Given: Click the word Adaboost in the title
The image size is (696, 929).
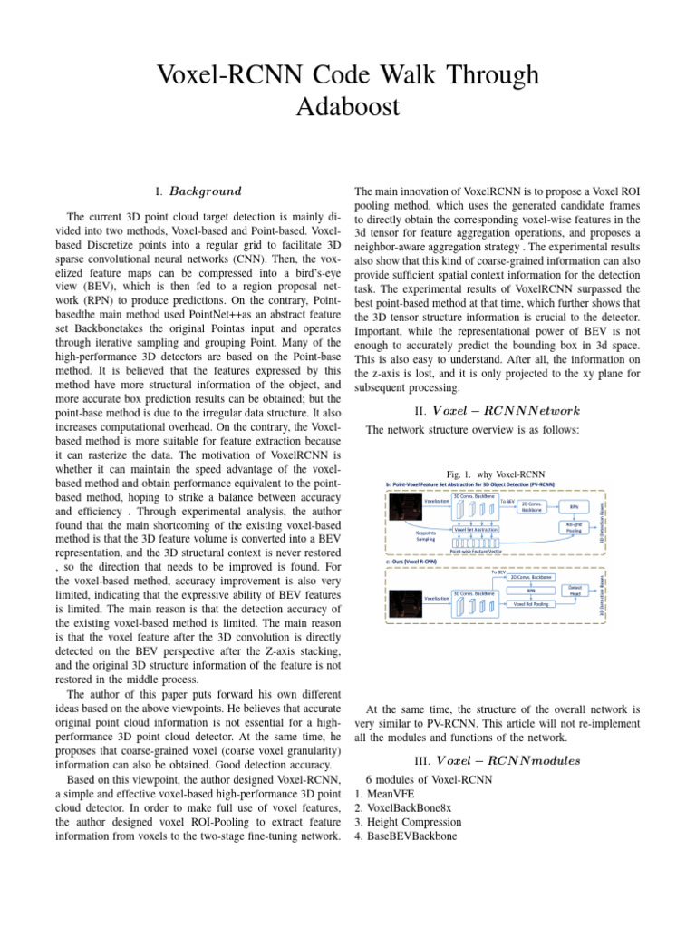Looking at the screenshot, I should (x=347, y=106).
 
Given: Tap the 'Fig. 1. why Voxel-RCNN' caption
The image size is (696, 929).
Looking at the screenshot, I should (x=496, y=474).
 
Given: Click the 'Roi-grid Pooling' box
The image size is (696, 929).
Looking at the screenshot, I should (x=574, y=527).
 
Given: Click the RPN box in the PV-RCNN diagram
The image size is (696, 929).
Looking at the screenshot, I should (x=574, y=506).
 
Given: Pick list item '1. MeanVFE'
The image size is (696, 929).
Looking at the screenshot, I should (x=391, y=794).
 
